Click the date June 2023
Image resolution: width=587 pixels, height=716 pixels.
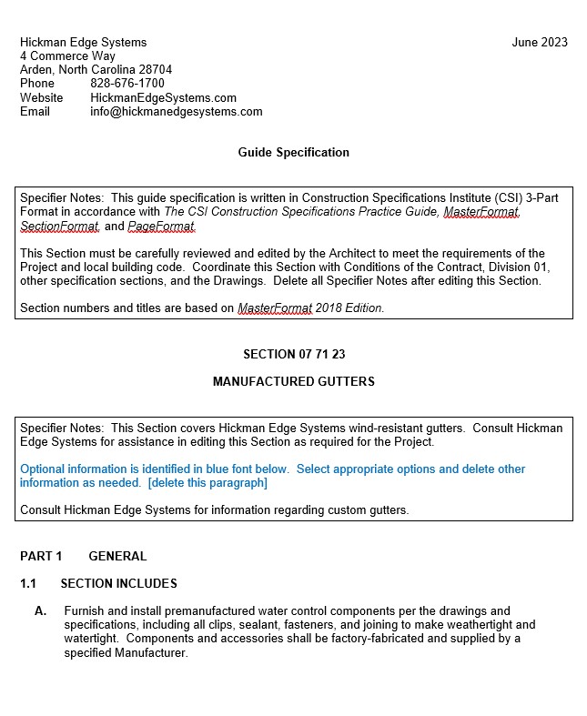click(x=540, y=42)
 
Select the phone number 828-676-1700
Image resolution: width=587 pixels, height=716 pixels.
click(x=127, y=84)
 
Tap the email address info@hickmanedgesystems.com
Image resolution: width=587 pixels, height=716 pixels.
click(x=176, y=112)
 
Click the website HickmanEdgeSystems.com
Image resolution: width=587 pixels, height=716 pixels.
click(x=163, y=98)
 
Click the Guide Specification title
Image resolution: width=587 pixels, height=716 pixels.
click(x=293, y=153)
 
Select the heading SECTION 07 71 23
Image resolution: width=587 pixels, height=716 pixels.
click(x=293, y=355)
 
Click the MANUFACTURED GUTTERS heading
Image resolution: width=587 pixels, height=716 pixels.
click(x=293, y=381)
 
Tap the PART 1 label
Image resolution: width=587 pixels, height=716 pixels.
click(x=41, y=556)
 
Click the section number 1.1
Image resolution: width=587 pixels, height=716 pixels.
click(x=28, y=583)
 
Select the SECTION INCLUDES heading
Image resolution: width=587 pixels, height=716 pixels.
click(x=118, y=583)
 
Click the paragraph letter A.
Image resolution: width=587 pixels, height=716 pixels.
click(x=41, y=610)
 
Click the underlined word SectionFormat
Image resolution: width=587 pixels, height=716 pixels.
click(x=59, y=227)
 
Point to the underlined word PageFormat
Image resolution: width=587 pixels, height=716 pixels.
click(x=161, y=227)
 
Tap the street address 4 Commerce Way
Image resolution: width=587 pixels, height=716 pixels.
click(x=67, y=56)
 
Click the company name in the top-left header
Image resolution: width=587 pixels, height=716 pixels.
click(x=83, y=42)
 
